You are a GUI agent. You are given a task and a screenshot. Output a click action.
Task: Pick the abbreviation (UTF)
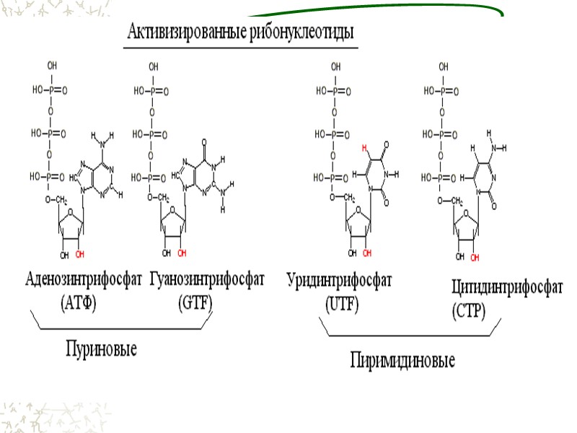pos(342,304)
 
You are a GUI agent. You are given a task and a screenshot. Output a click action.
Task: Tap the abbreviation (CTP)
pos(469,312)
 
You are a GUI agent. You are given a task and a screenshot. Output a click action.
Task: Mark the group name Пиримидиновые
pos(402,359)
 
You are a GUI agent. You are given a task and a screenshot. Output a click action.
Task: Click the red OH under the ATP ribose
pos(82,255)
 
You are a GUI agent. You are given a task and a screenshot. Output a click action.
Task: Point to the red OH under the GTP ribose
pos(182,254)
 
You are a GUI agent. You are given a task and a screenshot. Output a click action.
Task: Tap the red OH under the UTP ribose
pos(366,254)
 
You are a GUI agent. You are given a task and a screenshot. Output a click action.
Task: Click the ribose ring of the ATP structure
pos(71,224)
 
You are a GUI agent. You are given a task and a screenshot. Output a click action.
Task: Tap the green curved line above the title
pos(375,12)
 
